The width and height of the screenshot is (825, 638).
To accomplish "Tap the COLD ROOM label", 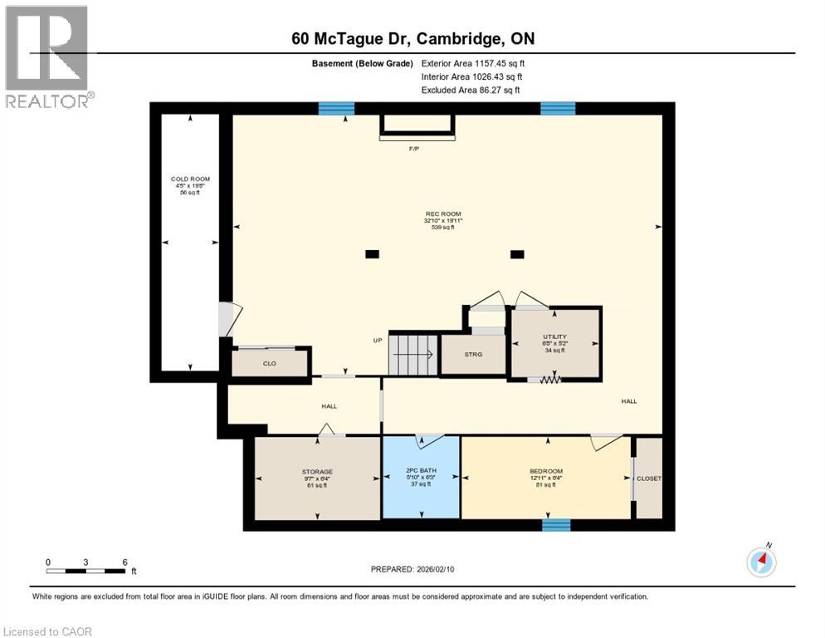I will pyautogui.click(x=190, y=179).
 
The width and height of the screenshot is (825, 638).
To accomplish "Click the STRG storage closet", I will pyautogui.click(x=472, y=355).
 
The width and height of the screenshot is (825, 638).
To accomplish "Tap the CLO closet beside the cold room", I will pyautogui.click(x=269, y=363).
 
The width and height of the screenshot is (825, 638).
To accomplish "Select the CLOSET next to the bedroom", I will pyautogui.click(x=649, y=478).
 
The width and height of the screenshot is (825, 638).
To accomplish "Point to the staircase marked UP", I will pyautogui.click(x=411, y=356).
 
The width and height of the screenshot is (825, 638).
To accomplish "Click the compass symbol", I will pyautogui.click(x=761, y=562).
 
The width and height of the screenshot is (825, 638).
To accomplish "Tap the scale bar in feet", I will pyautogui.click(x=86, y=571).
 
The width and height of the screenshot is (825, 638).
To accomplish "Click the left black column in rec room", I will pyautogui.click(x=372, y=254).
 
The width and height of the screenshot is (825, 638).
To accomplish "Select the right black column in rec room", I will pyautogui.click(x=517, y=254).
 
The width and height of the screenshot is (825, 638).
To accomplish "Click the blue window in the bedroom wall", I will pyautogui.click(x=556, y=524).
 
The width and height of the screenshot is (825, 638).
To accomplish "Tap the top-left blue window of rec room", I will pyautogui.click(x=337, y=108).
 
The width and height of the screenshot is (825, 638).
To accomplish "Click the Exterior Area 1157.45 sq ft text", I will pyautogui.click(x=473, y=63).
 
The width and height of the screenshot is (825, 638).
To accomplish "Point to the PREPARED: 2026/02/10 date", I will pyautogui.click(x=412, y=569).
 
